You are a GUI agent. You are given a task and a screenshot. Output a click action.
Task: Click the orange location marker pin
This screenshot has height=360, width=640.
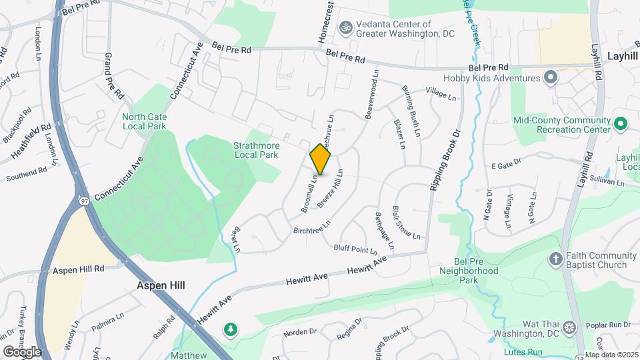pos(321,159)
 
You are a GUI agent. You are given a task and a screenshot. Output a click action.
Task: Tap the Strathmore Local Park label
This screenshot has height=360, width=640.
pos(256,150)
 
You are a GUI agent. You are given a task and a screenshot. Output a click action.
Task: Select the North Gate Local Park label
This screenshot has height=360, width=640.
pos(144,121)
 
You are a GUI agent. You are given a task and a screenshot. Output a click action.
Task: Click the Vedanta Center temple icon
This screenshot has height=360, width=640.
pos(345,28)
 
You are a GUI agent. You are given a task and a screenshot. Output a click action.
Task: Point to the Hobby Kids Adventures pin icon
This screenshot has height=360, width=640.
pos(550,79)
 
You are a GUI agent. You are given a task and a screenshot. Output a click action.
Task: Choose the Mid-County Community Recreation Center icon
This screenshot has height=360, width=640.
pos(620,124)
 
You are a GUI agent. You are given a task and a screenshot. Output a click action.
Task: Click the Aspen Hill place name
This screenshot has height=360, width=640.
pos(161,285)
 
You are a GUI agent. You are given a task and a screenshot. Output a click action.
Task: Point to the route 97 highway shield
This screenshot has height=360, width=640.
pos(84,201)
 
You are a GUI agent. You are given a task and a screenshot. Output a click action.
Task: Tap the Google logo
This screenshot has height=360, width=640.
pos(21,351)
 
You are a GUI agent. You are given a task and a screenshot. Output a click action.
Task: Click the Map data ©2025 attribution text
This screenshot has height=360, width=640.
pos(611,355)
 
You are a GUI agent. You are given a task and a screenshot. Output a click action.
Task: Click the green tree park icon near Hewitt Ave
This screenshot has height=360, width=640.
pos(231,329)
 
